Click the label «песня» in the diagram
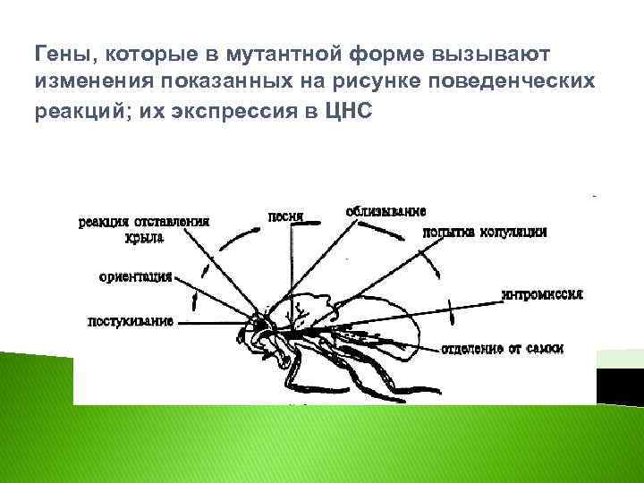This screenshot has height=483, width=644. click(285, 216)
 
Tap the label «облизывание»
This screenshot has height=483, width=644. click(386, 211)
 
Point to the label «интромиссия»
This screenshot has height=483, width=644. click(543, 293)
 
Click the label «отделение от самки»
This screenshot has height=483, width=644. click(513, 349)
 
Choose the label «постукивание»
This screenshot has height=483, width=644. click(130, 320)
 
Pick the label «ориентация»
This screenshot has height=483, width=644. click(136, 276)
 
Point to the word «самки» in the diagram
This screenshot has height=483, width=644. click(545, 349)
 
